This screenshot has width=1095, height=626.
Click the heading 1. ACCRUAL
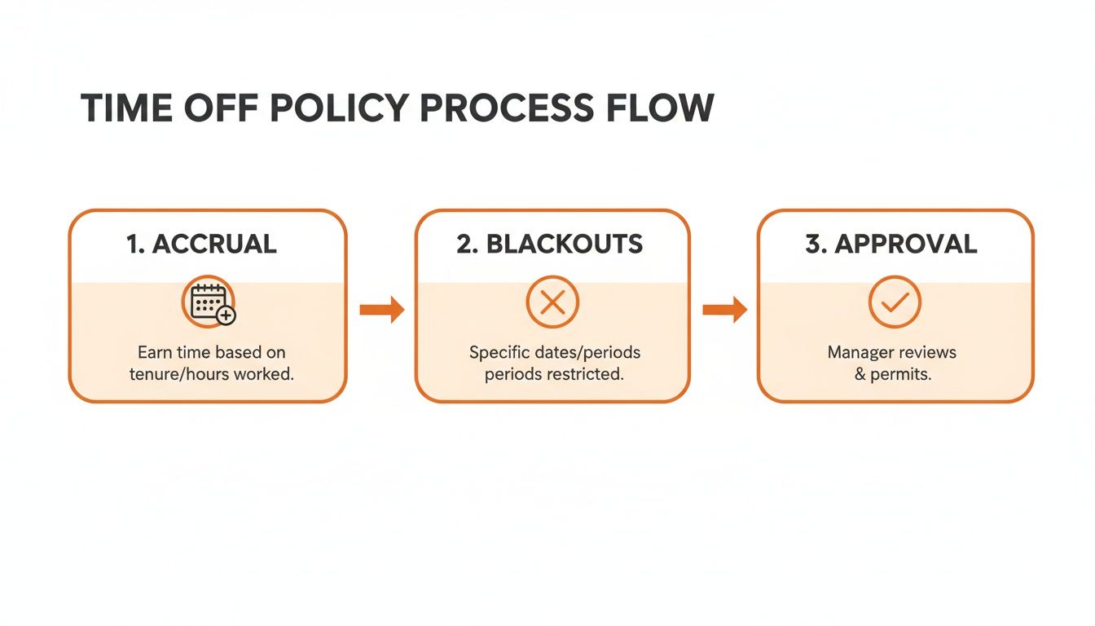[201, 244]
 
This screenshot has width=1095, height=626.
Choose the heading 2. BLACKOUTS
[550, 244]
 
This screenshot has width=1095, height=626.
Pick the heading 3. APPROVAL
[891, 244]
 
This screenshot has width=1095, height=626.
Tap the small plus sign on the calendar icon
[226, 315]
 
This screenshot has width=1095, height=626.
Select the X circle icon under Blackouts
[552, 303]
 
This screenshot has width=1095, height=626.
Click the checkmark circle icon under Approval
[895, 303]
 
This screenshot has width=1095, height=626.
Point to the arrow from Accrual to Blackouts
[382, 309]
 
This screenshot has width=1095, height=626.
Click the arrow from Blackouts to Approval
[724, 309]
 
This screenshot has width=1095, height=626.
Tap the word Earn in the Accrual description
[154, 353]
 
